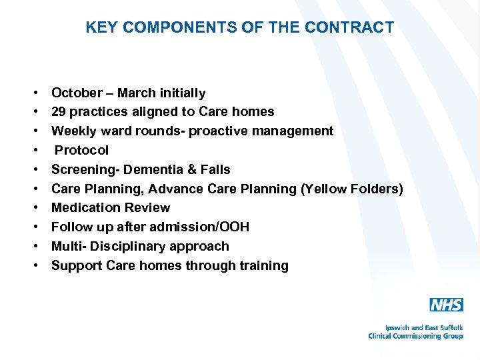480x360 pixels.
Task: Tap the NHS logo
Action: click(446, 305)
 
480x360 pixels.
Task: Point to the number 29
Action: click(59, 112)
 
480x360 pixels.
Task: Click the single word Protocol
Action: click(81, 150)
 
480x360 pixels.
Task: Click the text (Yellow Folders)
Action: click(352, 189)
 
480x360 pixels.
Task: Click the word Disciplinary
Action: click(125, 246)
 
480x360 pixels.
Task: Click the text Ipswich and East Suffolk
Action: click(423, 327)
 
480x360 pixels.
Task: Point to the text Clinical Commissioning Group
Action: click(415, 336)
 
